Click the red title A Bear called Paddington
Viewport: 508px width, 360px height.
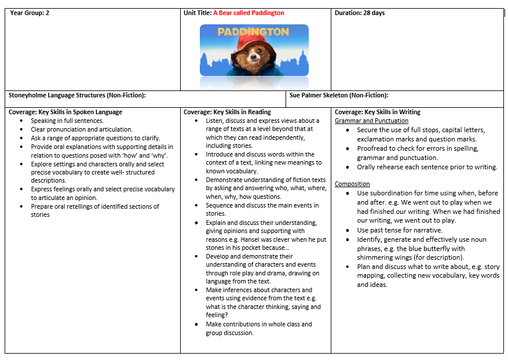tap(248, 13)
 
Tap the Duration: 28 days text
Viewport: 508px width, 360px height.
tap(360, 13)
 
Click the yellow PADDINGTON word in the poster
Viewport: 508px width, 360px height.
tap(253, 32)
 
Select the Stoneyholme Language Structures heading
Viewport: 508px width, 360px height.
tap(77, 95)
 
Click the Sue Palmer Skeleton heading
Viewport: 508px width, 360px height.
tap(339, 95)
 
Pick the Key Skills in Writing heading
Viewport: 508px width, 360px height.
tap(378, 112)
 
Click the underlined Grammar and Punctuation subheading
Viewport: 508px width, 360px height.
tap(371, 121)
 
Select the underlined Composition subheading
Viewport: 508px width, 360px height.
tap(352, 184)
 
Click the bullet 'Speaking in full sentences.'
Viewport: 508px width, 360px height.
tap(67, 121)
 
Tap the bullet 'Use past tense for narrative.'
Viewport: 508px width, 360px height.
tap(400, 230)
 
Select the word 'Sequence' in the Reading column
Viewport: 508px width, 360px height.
tap(220, 205)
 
